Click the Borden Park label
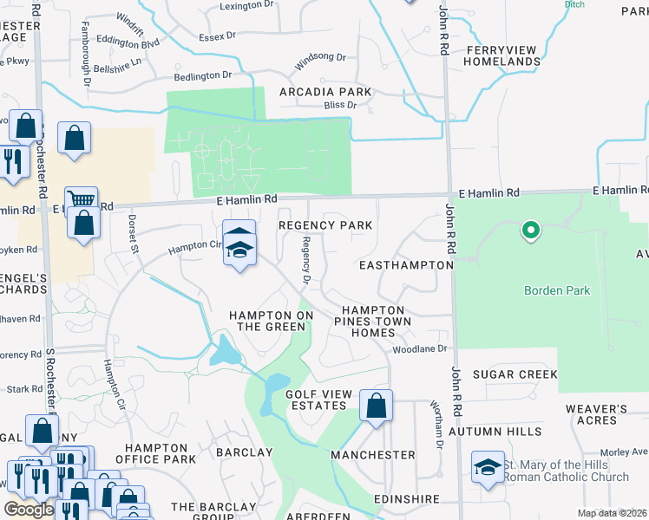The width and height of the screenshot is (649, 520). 557,290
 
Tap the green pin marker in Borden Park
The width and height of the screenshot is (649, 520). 529,231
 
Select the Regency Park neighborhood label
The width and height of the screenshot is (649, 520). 325,225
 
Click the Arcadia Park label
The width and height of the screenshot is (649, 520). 325,92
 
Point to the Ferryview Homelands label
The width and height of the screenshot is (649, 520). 502,56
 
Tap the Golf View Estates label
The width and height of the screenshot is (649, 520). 319,400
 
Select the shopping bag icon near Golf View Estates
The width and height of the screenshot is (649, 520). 376,406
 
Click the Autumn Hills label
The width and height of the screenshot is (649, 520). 508,431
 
